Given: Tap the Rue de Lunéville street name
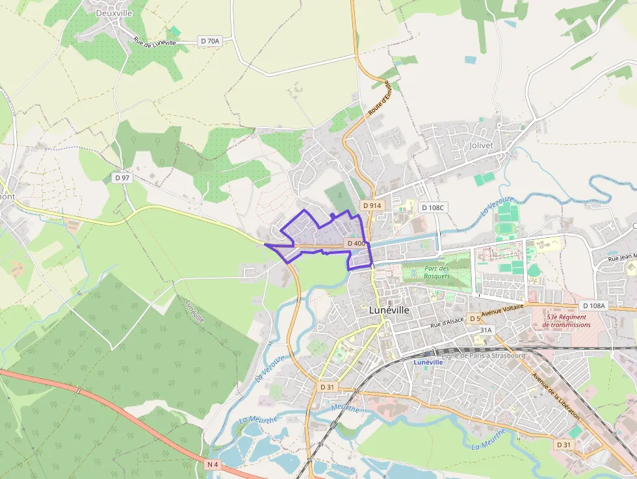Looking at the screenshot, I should click(155, 41).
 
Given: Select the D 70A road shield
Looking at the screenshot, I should click(210, 40).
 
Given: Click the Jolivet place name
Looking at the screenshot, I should click(481, 146).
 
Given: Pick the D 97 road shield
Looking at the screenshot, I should click(122, 177).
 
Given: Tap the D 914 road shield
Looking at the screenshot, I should click(372, 205).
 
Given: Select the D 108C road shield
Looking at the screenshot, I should click(433, 207).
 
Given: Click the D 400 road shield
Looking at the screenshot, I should click(356, 243).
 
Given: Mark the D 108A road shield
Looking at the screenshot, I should click(593, 305).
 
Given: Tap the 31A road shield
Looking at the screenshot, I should click(486, 330).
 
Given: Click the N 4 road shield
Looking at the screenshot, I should click(213, 465).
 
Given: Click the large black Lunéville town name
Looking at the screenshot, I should click(389, 310).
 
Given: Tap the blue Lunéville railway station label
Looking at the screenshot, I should click(428, 362).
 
